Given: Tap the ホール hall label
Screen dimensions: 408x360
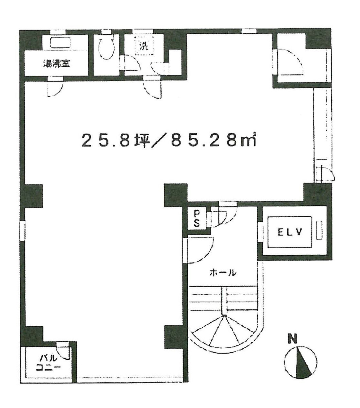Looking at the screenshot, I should click(x=223, y=272).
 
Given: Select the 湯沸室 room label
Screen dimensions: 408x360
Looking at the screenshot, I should click(x=56, y=63).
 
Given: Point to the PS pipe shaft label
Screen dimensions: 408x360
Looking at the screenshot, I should click(x=196, y=218).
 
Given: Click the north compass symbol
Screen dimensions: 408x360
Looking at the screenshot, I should click(x=301, y=362).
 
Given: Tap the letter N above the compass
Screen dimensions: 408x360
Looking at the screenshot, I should click(x=292, y=339).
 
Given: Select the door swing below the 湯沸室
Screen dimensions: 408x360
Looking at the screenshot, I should click(x=55, y=88).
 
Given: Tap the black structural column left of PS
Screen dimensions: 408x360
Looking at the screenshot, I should click(x=176, y=195).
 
